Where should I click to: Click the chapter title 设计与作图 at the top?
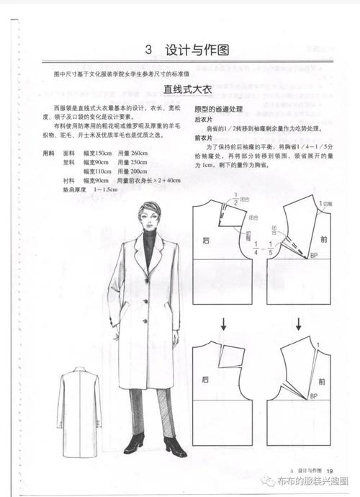click(x=197, y=50)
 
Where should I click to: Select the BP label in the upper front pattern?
click(x=315, y=256)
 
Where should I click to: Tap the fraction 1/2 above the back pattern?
click(x=235, y=203)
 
